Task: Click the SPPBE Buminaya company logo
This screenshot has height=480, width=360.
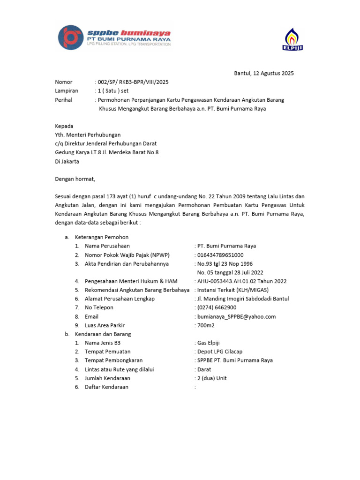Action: click(114, 37)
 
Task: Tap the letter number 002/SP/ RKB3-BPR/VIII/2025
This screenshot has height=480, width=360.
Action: click(133, 82)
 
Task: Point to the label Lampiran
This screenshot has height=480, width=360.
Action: click(67, 91)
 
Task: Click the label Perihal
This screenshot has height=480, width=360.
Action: click(65, 100)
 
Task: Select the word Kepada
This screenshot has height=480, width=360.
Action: click(64, 126)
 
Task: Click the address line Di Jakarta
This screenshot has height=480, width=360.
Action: click(67, 161)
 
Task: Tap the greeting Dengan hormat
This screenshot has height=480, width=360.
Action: click(75, 179)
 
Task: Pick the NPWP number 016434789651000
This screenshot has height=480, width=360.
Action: click(220, 255)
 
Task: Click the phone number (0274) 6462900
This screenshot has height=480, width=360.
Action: click(217, 307)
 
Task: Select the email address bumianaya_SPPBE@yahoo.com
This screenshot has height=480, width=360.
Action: click(236, 316)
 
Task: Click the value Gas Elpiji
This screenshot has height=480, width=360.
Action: click(212, 343)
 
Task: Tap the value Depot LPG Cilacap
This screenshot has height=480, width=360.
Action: click(220, 352)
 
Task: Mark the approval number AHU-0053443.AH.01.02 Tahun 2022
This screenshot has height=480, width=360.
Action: click(242, 281)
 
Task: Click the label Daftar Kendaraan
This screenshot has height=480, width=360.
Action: click(106, 387)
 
